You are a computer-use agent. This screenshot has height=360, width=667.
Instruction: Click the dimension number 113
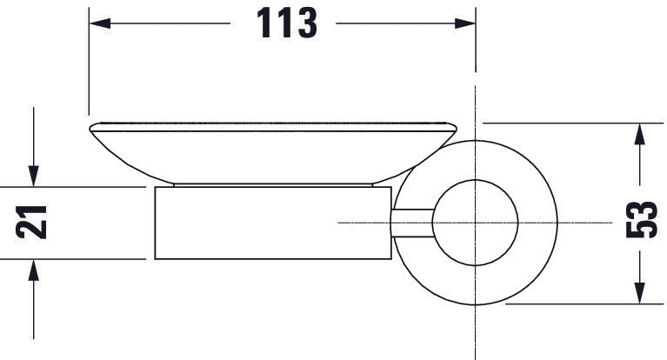pos(286,24)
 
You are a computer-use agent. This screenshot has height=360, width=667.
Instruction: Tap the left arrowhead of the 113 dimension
pos(97,24)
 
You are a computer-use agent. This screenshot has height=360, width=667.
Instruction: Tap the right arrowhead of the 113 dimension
pos(467,24)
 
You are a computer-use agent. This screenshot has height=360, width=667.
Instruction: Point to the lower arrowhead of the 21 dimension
pos(32,269)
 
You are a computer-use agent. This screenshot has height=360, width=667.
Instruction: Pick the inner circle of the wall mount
pos(477,223)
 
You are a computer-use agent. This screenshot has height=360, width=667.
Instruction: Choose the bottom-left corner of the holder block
pos(155,259)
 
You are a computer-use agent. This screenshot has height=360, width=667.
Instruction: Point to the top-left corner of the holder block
pos(155,187)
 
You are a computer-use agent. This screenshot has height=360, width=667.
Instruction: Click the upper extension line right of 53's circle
pos(565,123)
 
